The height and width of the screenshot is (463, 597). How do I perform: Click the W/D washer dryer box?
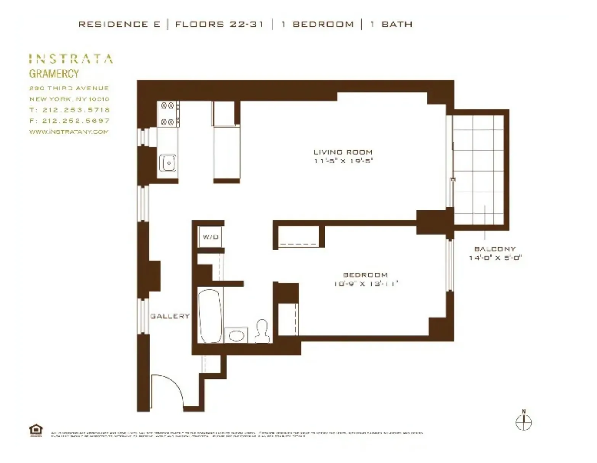(210, 237)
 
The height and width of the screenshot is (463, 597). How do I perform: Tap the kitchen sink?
(167, 163)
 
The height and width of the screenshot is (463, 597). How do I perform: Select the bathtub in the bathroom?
(210, 316)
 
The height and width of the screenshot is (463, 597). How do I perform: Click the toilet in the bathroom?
(262, 330)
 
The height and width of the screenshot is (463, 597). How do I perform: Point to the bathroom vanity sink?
(236, 336)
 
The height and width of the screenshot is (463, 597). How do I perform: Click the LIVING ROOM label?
(343, 152)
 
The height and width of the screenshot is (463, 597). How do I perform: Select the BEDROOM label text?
(365, 275)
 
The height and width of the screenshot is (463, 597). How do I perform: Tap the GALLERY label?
(170, 316)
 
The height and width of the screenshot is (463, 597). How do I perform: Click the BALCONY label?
(495, 249)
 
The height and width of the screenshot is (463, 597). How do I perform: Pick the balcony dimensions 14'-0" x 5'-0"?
(495, 258)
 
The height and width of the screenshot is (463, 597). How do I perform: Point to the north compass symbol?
(523, 421)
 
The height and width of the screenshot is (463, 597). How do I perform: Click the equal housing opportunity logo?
(36, 430)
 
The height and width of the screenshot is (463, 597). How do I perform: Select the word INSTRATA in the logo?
(71, 59)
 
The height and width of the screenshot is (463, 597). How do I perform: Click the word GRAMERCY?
(54, 74)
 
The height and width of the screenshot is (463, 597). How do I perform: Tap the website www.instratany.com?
(69, 132)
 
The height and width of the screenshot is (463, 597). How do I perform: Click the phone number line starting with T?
(69, 110)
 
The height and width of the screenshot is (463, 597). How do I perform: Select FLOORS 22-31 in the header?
(219, 24)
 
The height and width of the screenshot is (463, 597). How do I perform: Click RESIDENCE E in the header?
(119, 24)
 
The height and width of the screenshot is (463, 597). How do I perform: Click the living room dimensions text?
(343, 161)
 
